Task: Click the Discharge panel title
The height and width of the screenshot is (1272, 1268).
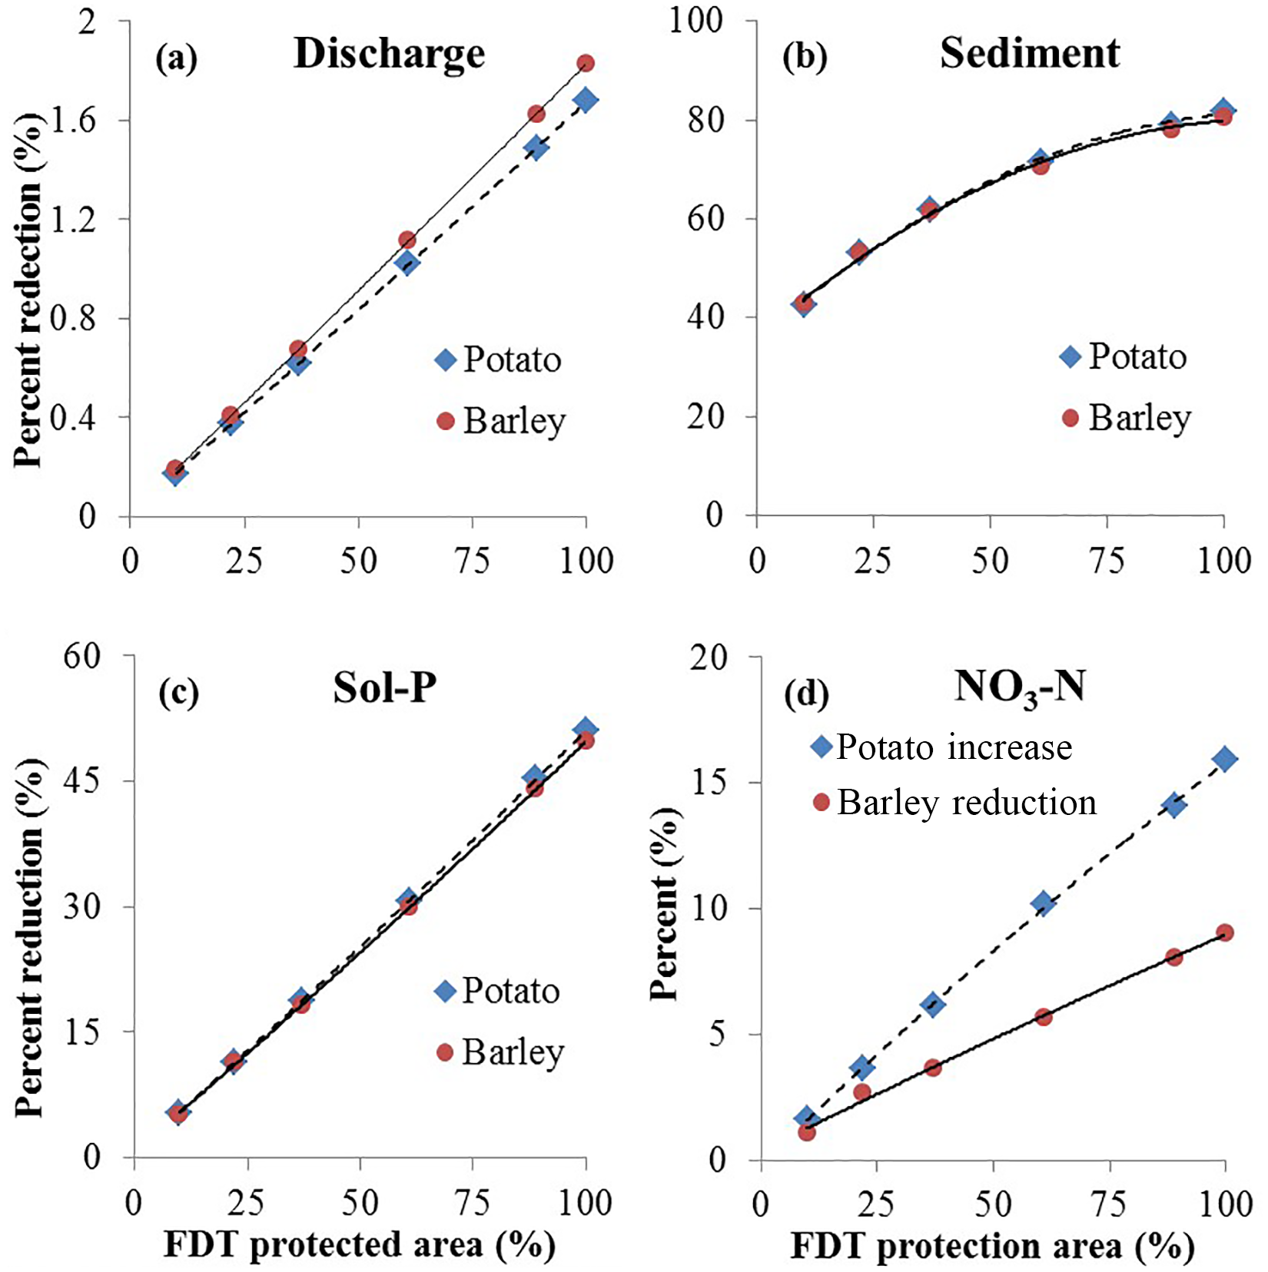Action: pyautogui.click(x=389, y=55)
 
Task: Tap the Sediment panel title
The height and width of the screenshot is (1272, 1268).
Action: pyautogui.click(x=1029, y=54)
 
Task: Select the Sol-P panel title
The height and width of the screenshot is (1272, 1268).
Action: pyautogui.click(x=384, y=687)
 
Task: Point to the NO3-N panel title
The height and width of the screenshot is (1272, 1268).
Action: pyautogui.click(x=1019, y=687)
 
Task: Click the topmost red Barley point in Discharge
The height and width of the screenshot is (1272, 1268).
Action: pyautogui.click(x=586, y=63)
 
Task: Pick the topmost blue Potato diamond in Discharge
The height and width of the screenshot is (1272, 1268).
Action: pyautogui.click(x=586, y=100)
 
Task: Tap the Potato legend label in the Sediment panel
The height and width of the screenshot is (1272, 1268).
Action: pyautogui.click(x=1137, y=357)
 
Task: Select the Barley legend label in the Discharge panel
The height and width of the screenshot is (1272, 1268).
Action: pyautogui.click(x=513, y=421)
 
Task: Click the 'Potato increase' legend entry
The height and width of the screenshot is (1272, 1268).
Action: pyautogui.click(x=953, y=747)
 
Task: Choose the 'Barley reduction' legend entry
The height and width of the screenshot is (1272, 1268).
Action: pyautogui.click(x=966, y=803)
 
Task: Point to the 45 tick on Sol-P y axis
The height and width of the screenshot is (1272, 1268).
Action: pyautogui.click(x=82, y=781)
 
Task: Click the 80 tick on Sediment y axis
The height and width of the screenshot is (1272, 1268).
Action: pyautogui.click(x=706, y=121)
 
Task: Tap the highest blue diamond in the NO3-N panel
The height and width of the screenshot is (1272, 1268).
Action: pyautogui.click(x=1224, y=759)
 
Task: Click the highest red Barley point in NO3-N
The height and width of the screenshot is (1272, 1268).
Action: pyautogui.click(x=1225, y=932)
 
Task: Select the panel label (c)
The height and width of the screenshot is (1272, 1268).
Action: pyautogui.click(x=178, y=693)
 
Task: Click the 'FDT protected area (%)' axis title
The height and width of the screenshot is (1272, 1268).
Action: pyautogui.click(x=359, y=1245)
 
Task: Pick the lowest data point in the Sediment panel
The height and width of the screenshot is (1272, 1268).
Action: pyautogui.click(x=804, y=304)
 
